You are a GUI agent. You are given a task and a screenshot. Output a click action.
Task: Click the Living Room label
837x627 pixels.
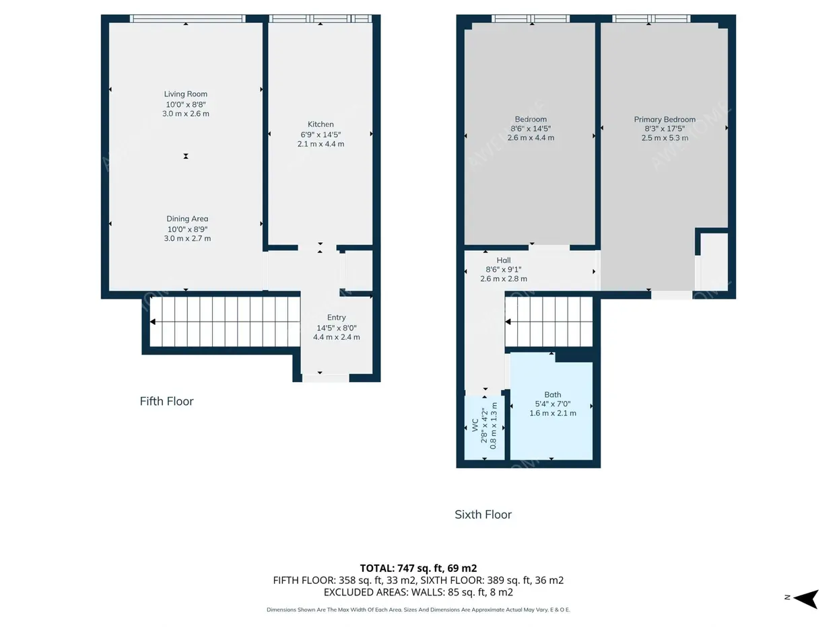(186, 94)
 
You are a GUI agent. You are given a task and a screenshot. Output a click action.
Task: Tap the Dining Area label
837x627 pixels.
(187, 219)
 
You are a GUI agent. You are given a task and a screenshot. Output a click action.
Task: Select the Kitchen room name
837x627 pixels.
(321, 124)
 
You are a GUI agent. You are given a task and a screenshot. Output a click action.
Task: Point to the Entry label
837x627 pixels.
(336, 318)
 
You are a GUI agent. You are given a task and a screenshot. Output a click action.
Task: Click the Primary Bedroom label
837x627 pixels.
(665, 119)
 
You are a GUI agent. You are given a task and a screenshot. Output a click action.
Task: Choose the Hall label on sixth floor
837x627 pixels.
(504, 260)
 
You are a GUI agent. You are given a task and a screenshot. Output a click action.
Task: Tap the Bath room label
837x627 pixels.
(553, 395)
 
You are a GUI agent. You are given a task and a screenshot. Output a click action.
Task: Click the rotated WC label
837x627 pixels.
(475, 425)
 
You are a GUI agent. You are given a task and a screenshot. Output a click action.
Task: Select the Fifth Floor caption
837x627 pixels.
(166, 401)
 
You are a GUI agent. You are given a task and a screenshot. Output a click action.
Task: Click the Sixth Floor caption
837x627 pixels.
(483, 515)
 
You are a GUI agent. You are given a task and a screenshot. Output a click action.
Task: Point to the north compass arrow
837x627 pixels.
(806, 599)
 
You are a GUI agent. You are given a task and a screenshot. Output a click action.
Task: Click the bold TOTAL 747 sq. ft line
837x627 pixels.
(418, 568)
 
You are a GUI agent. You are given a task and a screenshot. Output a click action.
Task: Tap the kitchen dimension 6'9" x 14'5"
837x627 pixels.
(321, 135)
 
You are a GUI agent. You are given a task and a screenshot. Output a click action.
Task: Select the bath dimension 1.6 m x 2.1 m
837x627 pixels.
(553, 413)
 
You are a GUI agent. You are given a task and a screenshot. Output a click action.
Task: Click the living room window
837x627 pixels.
(187, 18)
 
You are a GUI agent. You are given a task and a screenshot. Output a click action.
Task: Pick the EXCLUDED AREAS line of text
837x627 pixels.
(418, 592)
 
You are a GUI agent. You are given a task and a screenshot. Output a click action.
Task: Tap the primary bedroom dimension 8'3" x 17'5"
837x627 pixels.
(665, 128)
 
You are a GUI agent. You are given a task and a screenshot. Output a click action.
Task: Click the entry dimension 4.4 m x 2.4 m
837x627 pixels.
(336, 337)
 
